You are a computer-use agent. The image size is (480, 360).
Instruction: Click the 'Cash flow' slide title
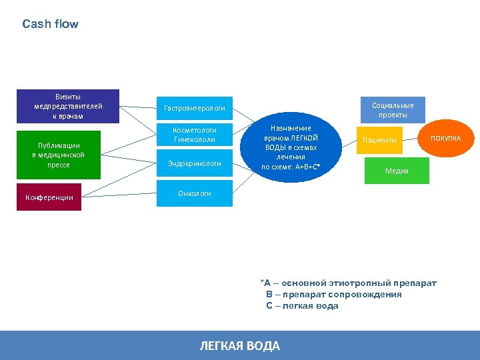pyautogui.click(x=50, y=24)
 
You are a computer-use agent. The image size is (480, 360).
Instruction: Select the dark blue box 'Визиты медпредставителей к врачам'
pyautogui.click(x=68, y=107)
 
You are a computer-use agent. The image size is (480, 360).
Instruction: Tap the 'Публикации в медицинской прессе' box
pyautogui.click(x=59, y=155)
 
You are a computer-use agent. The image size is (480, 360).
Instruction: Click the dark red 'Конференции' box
pyautogui.click(x=49, y=197)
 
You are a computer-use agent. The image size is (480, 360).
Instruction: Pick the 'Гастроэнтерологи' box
pyautogui.click(x=194, y=108)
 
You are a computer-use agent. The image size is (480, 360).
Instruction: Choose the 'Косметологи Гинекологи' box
pyautogui.click(x=194, y=134)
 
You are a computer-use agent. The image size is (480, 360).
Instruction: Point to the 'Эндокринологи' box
pyautogui.click(x=194, y=163)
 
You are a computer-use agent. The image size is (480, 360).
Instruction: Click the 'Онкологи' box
pyautogui.click(x=194, y=193)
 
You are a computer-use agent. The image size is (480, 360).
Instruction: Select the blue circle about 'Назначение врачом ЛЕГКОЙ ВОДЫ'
pyautogui.click(x=290, y=147)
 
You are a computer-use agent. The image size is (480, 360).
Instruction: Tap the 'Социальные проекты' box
pyautogui.click(x=393, y=110)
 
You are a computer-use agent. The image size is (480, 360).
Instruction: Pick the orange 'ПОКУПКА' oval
pyautogui.click(x=445, y=138)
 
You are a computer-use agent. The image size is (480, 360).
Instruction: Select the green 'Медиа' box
pyautogui.click(x=397, y=171)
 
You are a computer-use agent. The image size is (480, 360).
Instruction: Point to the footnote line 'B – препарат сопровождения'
pyautogui.click(x=333, y=294)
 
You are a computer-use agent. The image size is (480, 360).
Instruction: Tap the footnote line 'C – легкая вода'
pyautogui.click(x=302, y=305)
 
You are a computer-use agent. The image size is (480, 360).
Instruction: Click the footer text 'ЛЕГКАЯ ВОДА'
pyautogui.click(x=240, y=345)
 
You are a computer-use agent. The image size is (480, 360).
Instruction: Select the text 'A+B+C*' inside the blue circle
pyautogui.click(x=307, y=167)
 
